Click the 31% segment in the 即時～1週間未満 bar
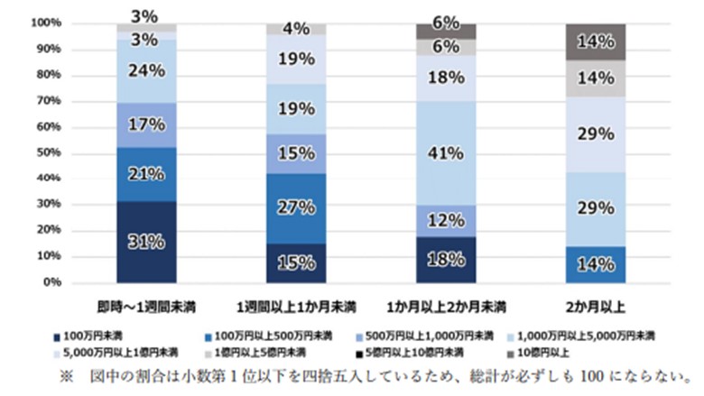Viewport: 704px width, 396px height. (145, 242)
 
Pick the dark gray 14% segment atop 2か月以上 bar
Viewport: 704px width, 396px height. (595, 41)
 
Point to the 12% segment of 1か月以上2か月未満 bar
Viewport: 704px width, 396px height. (445, 220)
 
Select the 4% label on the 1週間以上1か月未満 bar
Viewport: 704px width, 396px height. (295, 29)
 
